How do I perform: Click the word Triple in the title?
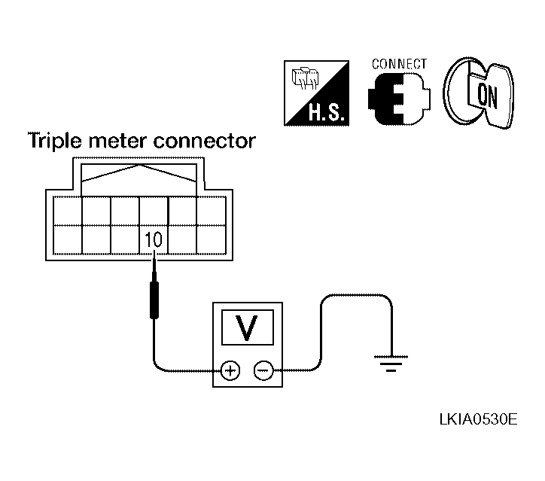coord(54,142)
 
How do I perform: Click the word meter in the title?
coord(117,142)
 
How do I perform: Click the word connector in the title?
coord(205,142)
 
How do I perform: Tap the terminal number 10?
coord(154,240)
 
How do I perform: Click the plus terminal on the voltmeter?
coord(230,370)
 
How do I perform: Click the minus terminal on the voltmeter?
coord(263,370)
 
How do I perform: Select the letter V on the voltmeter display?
coord(247,327)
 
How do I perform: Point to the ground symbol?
coord(391,364)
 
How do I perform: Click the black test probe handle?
coord(154,300)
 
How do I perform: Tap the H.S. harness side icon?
coord(316,93)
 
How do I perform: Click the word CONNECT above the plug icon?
coord(399,64)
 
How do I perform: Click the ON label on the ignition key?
coord(487,96)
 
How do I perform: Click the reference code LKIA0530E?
coord(479,419)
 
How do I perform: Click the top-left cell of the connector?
coord(68,211)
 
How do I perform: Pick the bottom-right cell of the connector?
coord(212,239)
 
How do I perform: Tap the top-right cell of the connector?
coord(212,211)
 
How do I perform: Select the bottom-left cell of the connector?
coord(68,239)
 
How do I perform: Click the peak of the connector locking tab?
coord(139,165)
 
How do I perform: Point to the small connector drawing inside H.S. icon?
coord(305,78)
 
